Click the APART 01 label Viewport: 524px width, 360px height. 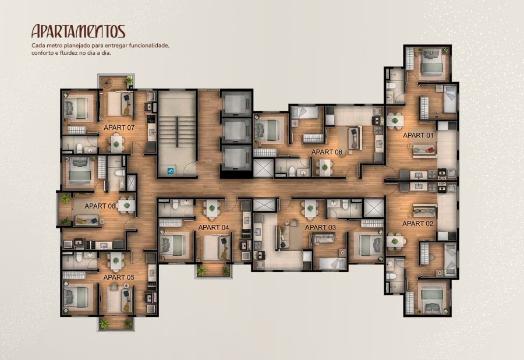coord(417,135)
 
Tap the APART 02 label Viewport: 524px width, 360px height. coord(417,224)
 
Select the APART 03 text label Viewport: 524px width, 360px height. coord(320,228)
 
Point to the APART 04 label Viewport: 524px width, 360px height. coord(214,228)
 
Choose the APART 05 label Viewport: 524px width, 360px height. coord(119,277)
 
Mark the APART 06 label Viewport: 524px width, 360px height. coord(100,206)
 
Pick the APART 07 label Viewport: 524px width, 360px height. coord(119,128)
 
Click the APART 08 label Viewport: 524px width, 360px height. coord(327,153)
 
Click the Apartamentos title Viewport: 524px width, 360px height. coord(78,31)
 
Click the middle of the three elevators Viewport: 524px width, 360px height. coord(236,130)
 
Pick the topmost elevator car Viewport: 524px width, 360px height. coord(236,103)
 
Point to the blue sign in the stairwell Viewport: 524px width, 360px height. coord(171,171)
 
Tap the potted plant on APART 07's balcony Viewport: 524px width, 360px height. coord(129,80)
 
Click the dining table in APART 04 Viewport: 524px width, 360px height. coord(211,209)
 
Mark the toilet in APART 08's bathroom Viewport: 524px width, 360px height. coord(292,172)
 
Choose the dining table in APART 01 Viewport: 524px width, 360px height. coord(395,120)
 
